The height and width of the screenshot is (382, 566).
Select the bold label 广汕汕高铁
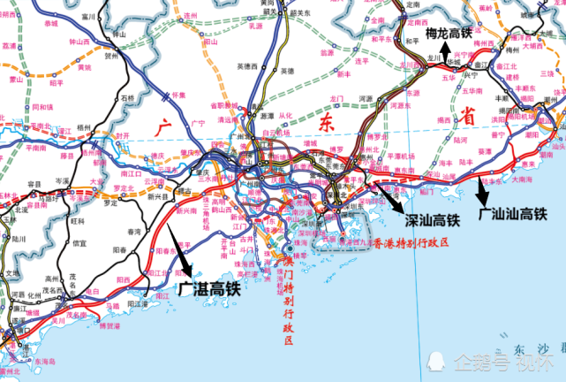point(512,214)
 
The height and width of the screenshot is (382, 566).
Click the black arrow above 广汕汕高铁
point(480,187)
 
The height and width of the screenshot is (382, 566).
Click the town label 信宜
point(80,242)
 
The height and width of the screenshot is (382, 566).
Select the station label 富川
point(87,16)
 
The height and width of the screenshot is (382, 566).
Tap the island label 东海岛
point(45,361)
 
